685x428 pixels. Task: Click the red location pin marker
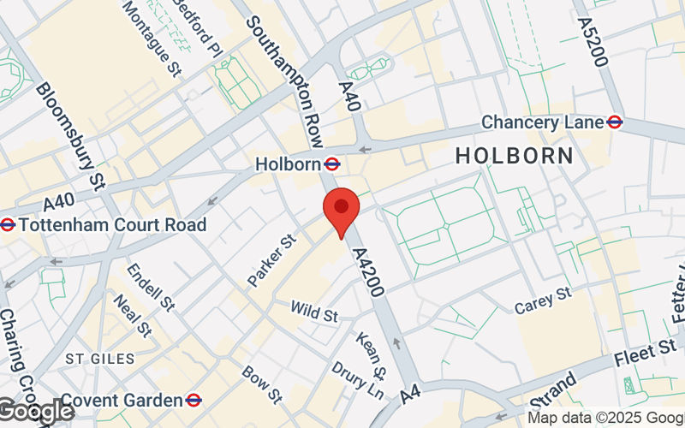click(341, 210)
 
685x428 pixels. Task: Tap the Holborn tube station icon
click(333, 163)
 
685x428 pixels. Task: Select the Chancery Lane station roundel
click(614, 122)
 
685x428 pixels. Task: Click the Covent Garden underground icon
click(194, 400)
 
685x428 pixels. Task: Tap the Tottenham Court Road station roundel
click(8, 225)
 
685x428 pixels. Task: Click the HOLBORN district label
click(514, 156)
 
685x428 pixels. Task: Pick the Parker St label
click(271, 261)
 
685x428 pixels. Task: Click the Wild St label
click(313, 311)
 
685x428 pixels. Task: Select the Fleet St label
click(657, 350)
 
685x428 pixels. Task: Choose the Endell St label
click(150, 286)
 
